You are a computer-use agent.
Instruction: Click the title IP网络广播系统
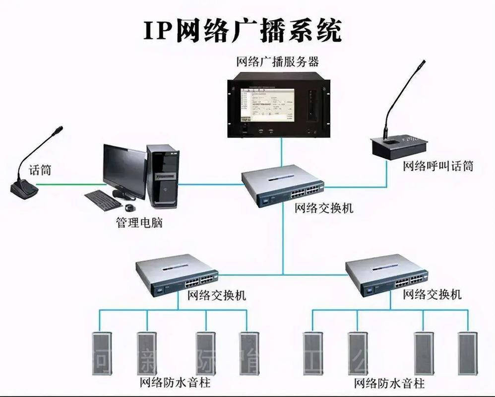click(x=243, y=31)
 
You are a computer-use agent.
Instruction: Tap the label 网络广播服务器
click(x=277, y=62)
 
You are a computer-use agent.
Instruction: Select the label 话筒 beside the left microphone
click(x=40, y=170)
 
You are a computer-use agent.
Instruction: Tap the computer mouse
click(x=130, y=207)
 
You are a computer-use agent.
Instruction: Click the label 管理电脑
click(x=139, y=223)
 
